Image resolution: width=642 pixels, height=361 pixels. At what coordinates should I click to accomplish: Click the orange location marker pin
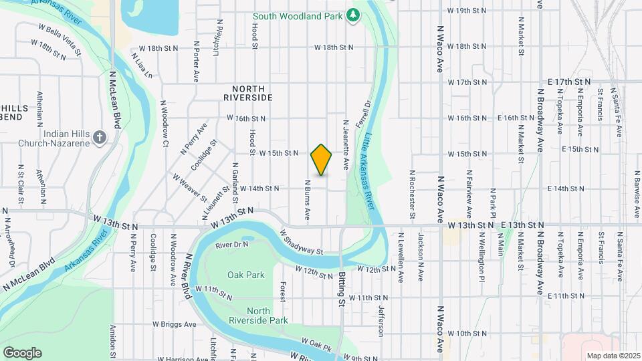pos(322,160)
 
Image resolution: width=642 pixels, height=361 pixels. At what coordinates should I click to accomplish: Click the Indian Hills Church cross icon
pos(100,138)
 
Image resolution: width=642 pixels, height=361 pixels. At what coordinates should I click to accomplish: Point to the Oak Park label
pos(246,275)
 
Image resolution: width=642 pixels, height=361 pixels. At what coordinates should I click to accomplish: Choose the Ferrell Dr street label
pos(366,116)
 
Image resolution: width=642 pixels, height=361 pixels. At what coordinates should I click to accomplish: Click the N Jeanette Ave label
pos(346,144)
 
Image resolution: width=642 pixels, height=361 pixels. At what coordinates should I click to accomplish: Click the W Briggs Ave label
pos(175,324)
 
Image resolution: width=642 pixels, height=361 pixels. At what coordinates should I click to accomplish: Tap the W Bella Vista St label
pos(60,39)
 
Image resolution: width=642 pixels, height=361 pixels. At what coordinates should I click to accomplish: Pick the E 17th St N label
pos(568,82)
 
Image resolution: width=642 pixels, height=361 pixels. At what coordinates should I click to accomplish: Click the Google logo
pos(22,352)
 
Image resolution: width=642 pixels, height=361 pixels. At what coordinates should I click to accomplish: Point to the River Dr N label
pos(232,245)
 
